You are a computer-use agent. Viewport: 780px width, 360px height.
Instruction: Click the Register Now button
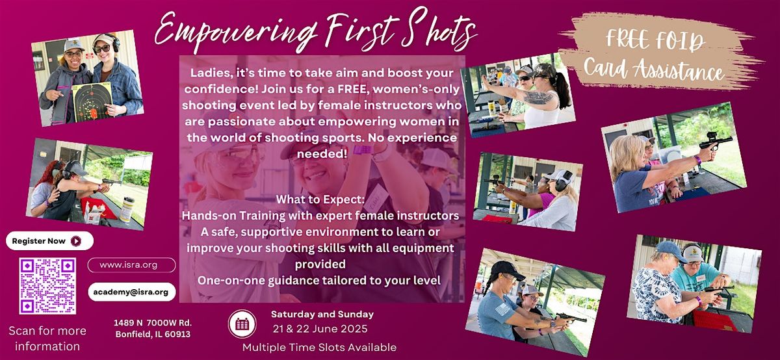pos(50,240)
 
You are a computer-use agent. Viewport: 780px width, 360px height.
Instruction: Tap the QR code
pos(47,286)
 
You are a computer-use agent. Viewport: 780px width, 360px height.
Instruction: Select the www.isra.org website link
pos(131,265)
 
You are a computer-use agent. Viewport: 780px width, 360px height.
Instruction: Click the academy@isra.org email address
pos(131,292)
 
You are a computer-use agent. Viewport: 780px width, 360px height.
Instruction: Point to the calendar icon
pos(242,324)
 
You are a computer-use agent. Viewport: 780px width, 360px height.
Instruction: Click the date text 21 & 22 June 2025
pos(320,329)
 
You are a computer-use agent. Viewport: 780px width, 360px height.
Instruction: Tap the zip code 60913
pos(177,334)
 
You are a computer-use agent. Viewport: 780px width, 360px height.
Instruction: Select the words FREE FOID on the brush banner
pos(655,40)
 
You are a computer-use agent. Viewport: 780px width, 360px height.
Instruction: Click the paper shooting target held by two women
pos(92,101)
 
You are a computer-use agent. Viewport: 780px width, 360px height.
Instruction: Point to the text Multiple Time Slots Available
pos(319,347)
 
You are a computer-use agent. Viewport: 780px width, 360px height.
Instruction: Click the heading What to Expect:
pos(320,199)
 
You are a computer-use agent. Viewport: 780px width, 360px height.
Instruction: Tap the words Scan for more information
pos(47,339)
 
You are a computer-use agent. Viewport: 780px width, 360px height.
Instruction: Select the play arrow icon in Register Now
pos(76,241)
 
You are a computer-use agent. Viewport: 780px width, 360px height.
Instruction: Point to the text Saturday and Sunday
pos(322,314)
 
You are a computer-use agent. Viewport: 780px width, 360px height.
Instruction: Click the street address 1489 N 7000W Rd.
pos(153,323)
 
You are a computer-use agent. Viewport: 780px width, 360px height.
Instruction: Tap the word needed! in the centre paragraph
pos(322,153)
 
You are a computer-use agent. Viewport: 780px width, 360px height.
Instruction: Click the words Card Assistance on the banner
pos(654,70)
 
